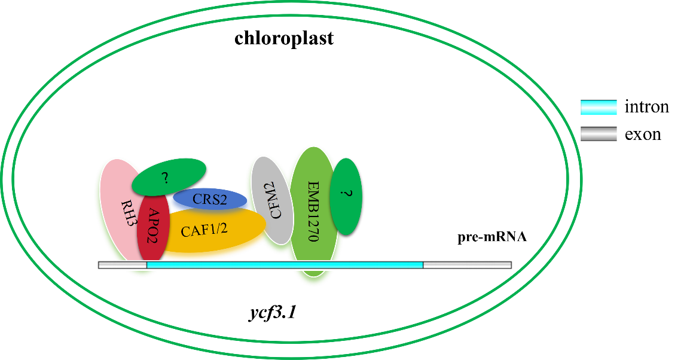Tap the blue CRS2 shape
click(x=209, y=200)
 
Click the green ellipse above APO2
click(x=169, y=176)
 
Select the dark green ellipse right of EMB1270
click(x=346, y=196)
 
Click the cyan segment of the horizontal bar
click(x=285, y=265)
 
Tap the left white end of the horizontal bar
click(x=123, y=265)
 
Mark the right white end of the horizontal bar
click(x=468, y=265)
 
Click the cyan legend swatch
click(x=599, y=108)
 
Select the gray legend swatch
click(x=599, y=134)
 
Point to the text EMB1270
click(x=312, y=210)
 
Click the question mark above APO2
click(x=165, y=178)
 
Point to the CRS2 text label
click(x=209, y=200)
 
